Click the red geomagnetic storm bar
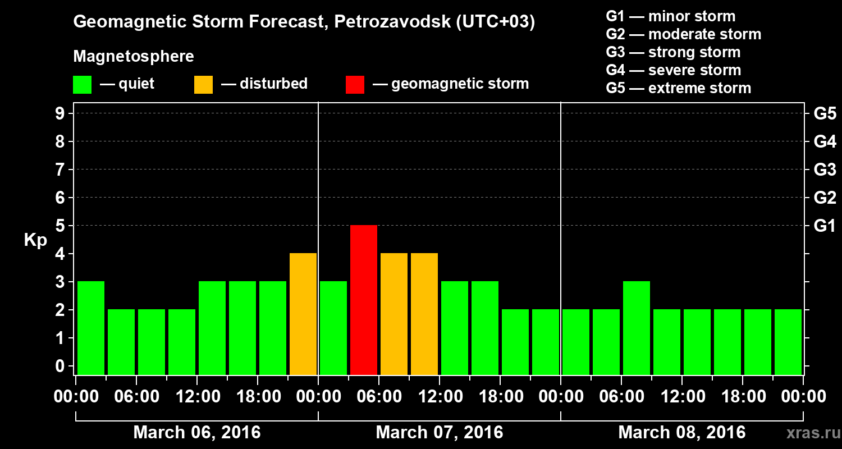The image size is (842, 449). (364, 300)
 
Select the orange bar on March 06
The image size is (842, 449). (303, 314)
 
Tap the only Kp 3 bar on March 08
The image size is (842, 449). (637, 328)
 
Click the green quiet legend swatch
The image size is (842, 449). (83, 85)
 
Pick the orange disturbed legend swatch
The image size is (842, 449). (204, 85)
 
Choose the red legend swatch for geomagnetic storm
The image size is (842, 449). (355, 85)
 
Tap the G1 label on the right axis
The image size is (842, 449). (825, 226)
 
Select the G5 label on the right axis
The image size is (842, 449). (825, 114)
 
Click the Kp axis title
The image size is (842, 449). (35, 240)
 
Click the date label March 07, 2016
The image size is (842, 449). (440, 433)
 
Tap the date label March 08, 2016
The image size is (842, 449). (682, 433)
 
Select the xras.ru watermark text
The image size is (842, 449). (809, 433)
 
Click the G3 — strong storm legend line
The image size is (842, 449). (673, 52)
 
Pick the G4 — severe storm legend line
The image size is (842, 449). (673, 70)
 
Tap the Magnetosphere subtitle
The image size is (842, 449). (134, 57)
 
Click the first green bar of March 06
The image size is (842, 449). (91, 328)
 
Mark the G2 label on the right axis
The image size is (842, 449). (825, 198)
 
